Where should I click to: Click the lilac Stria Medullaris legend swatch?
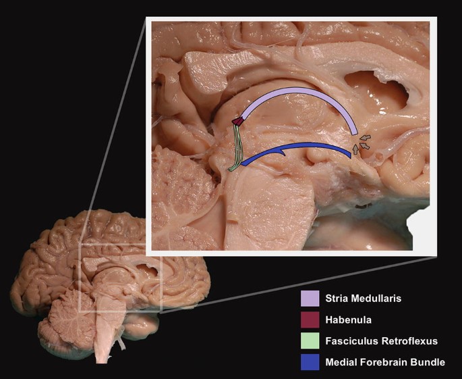310,298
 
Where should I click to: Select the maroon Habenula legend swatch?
310,320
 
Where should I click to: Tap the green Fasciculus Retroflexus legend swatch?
310,341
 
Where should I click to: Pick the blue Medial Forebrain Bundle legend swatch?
310,362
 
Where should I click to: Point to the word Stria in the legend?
337,299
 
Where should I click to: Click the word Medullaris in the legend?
378,299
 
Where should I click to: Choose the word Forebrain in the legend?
384,362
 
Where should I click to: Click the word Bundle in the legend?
428,362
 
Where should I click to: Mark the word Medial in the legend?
341,362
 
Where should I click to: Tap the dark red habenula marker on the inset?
237,122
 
